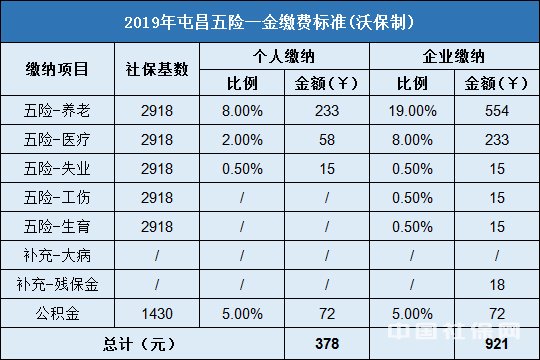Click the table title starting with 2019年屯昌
pyautogui.click(x=270, y=20)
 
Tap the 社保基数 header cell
pyautogui.click(x=157, y=69)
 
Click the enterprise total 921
pyautogui.click(x=496, y=342)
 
